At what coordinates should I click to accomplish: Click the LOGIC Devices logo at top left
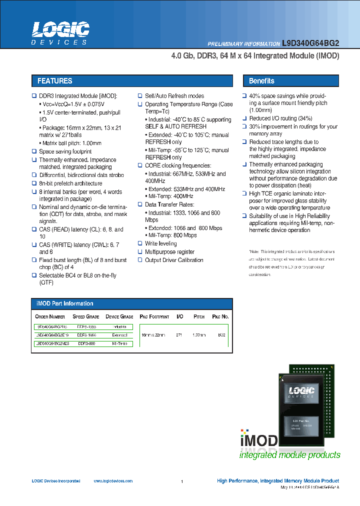click(60, 33)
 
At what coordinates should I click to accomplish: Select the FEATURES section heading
click(55, 81)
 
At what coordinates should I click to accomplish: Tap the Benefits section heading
click(261, 81)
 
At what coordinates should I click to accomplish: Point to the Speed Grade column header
click(85, 316)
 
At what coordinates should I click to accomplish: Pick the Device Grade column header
click(119, 316)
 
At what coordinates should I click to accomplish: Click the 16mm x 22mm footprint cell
click(153, 335)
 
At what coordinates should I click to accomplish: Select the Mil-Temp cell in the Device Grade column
click(119, 343)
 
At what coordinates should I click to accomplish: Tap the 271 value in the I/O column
click(179, 335)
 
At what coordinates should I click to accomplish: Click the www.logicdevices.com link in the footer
click(113, 481)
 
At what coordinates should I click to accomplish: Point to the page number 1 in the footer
click(182, 481)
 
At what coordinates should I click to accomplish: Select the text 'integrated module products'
click(289, 455)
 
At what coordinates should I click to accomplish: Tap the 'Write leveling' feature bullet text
click(160, 243)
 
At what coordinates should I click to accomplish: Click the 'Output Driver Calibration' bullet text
click(174, 260)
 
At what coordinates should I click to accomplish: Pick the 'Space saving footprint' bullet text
click(65, 151)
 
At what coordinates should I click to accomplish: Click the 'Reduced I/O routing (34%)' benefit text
click(280, 118)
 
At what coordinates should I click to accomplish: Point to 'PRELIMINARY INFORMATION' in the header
click(243, 44)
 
